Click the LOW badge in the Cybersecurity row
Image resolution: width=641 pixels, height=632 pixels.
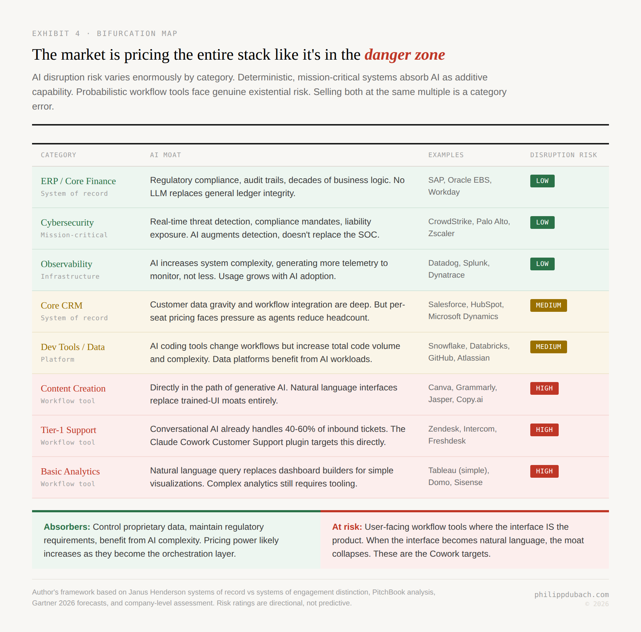[x=542, y=222]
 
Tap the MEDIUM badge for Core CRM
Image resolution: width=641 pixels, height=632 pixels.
[x=548, y=305]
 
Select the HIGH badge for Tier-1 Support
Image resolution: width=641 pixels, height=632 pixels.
[x=544, y=430]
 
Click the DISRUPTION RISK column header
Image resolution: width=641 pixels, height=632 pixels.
[x=563, y=155]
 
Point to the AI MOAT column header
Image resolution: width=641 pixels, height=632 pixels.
[x=165, y=155]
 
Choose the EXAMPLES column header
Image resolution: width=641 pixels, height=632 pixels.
[x=446, y=155]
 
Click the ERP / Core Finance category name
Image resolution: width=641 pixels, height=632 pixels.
[x=78, y=181]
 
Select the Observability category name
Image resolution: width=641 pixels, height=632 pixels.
[x=66, y=264]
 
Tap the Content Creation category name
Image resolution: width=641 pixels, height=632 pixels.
[x=73, y=389]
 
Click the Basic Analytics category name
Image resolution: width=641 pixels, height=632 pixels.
[x=70, y=472]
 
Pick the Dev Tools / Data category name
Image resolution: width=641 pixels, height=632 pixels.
[x=73, y=347]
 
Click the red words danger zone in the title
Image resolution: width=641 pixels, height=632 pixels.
[x=404, y=55]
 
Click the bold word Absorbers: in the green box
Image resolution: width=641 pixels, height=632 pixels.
[x=67, y=527]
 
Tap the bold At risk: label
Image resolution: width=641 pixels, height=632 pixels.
[x=347, y=527]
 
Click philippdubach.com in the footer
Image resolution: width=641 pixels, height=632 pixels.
[x=571, y=595]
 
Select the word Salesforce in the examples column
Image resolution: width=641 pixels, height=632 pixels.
[x=447, y=305]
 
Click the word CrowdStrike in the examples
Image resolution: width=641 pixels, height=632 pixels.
[x=450, y=222]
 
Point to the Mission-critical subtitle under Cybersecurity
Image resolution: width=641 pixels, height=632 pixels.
[x=74, y=235]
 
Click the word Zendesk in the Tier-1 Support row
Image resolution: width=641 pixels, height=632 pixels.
[x=444, y=429]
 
